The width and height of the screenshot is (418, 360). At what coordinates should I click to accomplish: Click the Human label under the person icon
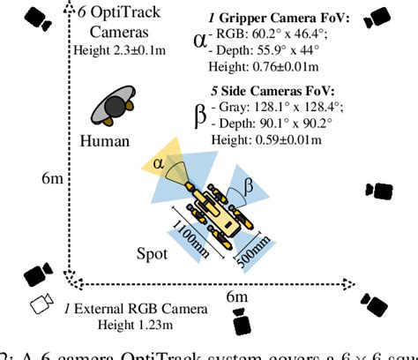pyautogui.click(x=104, y=141)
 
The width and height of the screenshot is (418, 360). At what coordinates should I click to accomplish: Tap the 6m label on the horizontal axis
pyautogui.click(x=237, y=298)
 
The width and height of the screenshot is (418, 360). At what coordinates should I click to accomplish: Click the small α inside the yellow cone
pyautogui.click(x=159, y=162)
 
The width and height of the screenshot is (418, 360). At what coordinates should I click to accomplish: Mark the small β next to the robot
pyautogui.click(x=249, y=185)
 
